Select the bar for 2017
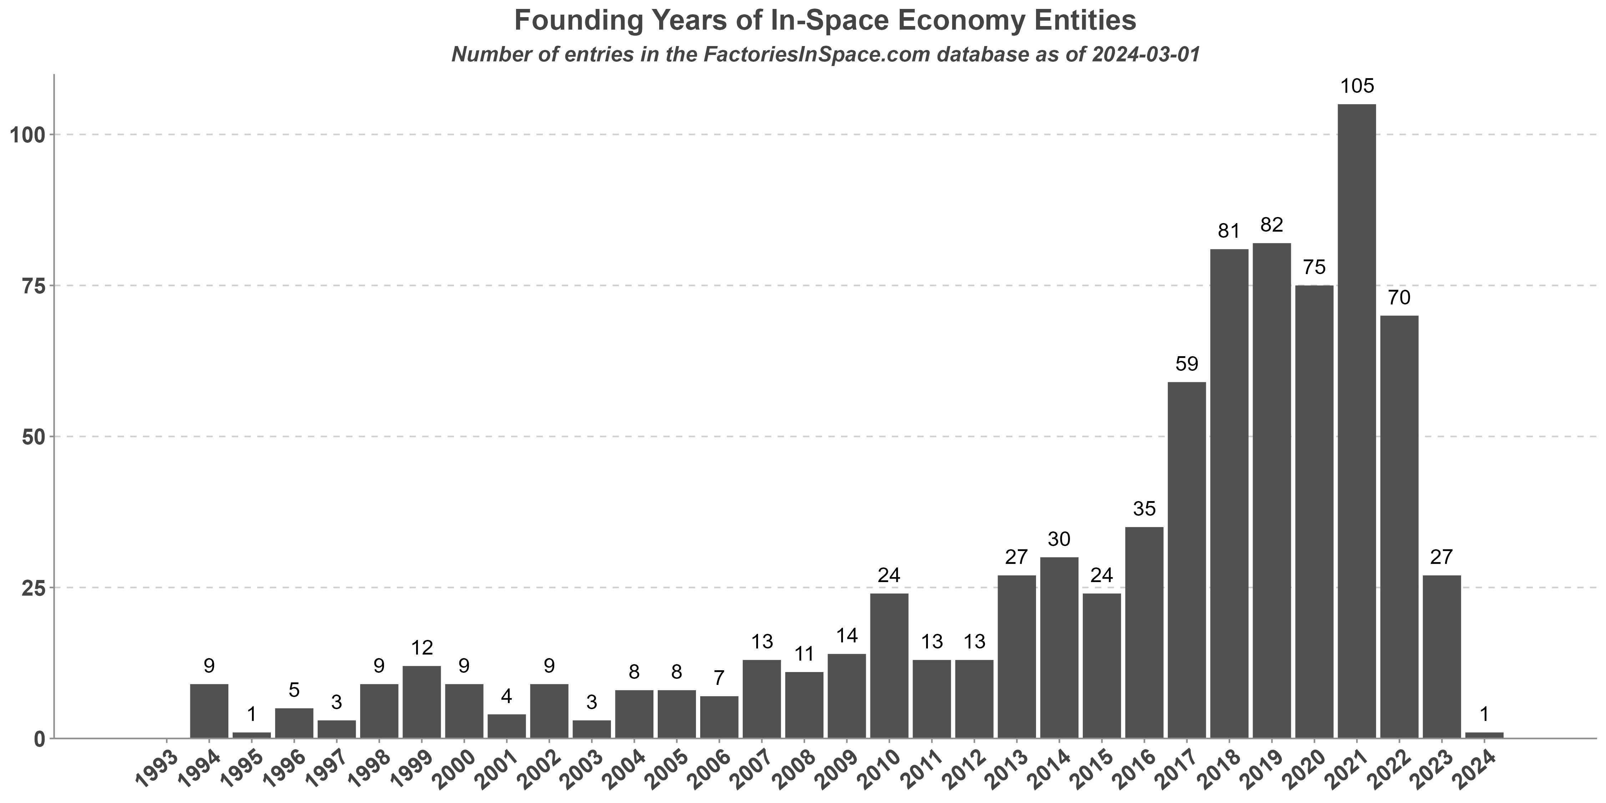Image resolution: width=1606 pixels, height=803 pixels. (1186, 560)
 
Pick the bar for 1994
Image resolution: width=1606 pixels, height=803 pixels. (209, 711)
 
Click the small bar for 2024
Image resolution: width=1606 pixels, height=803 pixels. (1484, 734)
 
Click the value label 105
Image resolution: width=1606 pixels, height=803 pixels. (1357, 86)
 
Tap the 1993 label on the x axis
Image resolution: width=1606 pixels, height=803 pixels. (157, 768)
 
